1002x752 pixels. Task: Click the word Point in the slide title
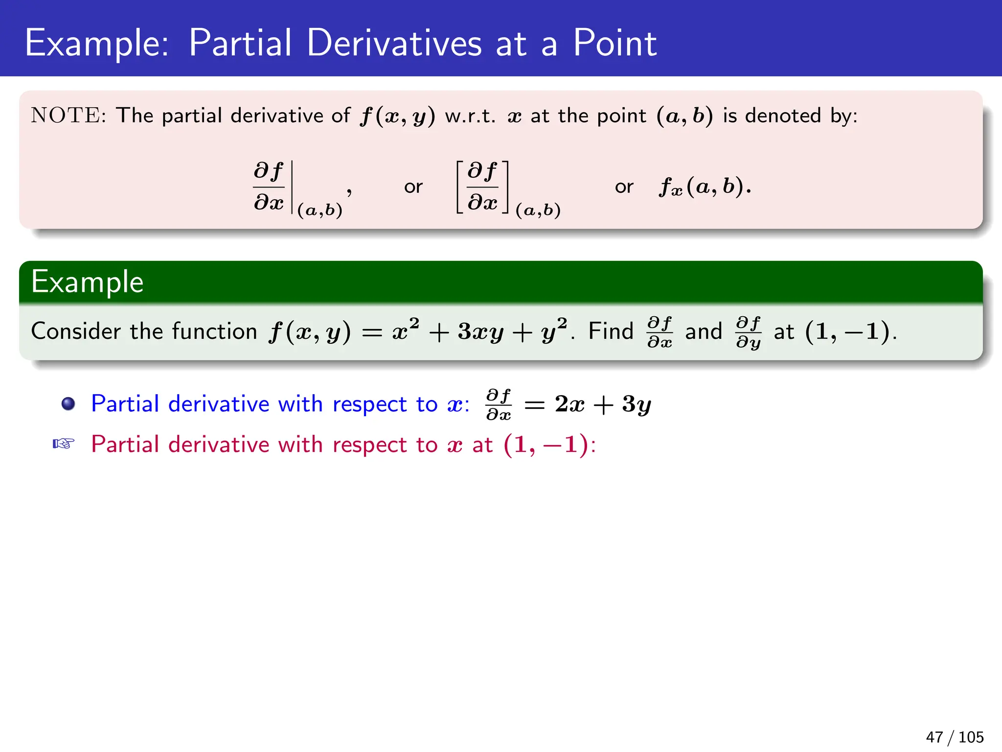coord(615,43)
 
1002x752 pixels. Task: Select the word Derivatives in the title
coord(394,43)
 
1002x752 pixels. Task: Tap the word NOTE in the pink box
coord(66,116)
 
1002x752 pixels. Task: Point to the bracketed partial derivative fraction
coord(482,187)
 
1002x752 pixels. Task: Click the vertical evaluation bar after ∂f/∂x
coord(292,187)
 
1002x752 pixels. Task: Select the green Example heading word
coord(87,282)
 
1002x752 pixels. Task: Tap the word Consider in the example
coord(76,331)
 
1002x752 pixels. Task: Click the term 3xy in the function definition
coord(480,332)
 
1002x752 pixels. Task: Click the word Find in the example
coord(611,331)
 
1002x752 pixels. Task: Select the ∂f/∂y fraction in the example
coord(749,332)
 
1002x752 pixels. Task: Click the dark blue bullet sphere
coord(68,404)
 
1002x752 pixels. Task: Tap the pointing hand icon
coord(64,444)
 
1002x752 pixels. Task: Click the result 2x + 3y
coord(603,404)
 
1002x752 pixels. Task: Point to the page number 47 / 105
coord(954,737)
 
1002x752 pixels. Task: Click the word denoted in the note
coord(783,116)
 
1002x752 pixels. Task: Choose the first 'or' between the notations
coord(413,187)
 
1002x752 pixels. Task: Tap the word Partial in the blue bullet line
coord(125,404)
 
